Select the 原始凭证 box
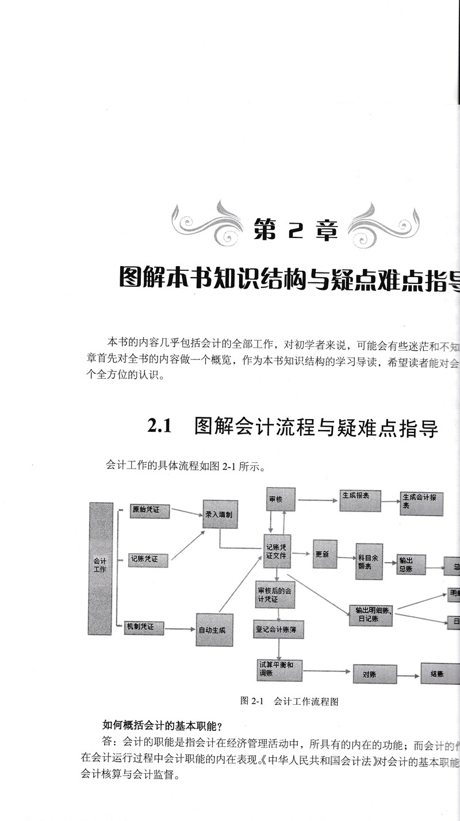pos(149,510)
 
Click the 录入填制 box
pos(220,515)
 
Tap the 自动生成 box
pos(214,630)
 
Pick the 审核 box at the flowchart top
pos(281,499)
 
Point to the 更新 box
pos(324,554)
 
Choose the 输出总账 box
pos(411,564)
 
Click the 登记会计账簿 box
pos(278,630)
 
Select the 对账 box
pos(374,673)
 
